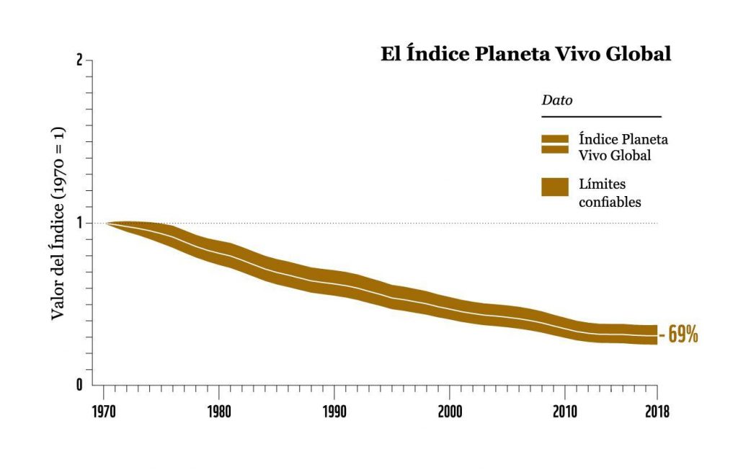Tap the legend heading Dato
556,101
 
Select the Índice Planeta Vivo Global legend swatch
555,144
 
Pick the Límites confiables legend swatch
555,186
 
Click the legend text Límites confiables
610,193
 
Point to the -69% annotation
679,335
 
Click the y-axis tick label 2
79,61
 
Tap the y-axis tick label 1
79,223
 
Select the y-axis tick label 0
79,384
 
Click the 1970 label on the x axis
104,412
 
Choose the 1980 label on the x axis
219,412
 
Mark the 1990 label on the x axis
334,412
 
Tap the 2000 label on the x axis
449,412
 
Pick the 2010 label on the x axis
564,412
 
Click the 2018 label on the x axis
657,412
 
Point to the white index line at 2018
655,335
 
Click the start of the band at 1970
108,223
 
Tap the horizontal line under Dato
600,116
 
